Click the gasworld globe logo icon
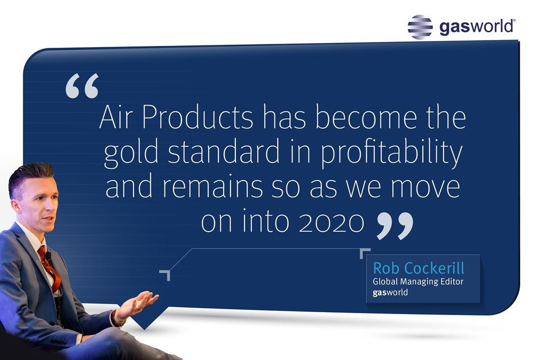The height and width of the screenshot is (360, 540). (420, 27)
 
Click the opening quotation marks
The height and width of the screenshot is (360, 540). (82, 86)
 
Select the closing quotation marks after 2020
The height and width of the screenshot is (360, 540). (395, 226)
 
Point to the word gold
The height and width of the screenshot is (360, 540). (131, 152)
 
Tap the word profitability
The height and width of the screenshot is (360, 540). (391, 152)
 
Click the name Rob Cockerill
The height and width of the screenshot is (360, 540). (419, 268)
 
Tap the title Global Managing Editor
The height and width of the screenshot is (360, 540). (418, 282)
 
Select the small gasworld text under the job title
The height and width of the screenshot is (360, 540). (390, 293)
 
